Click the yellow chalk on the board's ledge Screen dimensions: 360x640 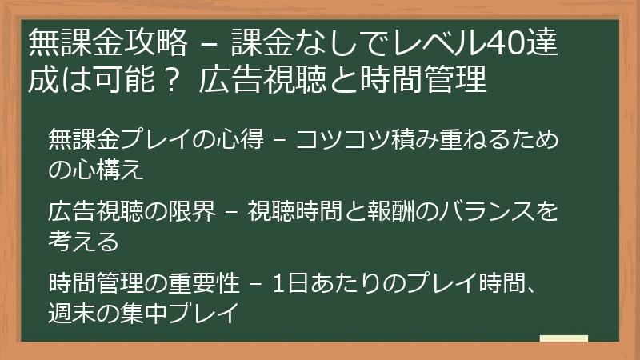[564, 338]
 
